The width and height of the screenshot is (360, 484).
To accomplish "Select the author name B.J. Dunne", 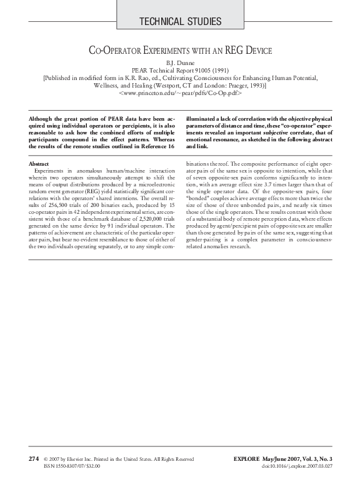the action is click(179, 63).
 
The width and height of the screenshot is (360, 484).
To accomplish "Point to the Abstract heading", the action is click(39, 163).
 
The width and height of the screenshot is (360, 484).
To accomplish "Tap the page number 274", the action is click(34, 458).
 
